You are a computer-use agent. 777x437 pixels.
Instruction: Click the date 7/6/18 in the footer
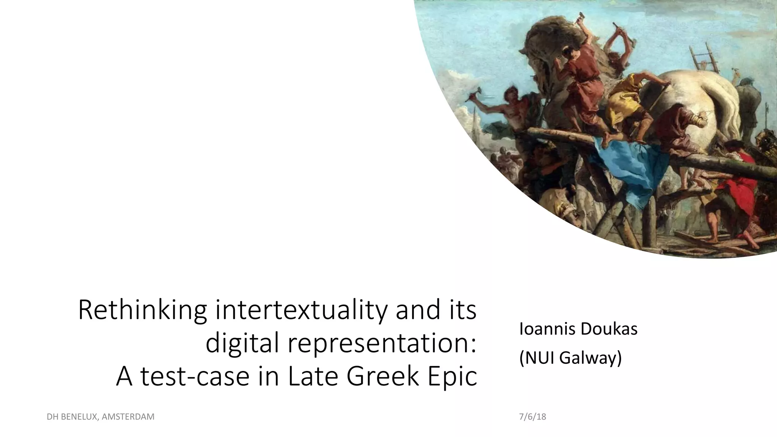532,417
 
